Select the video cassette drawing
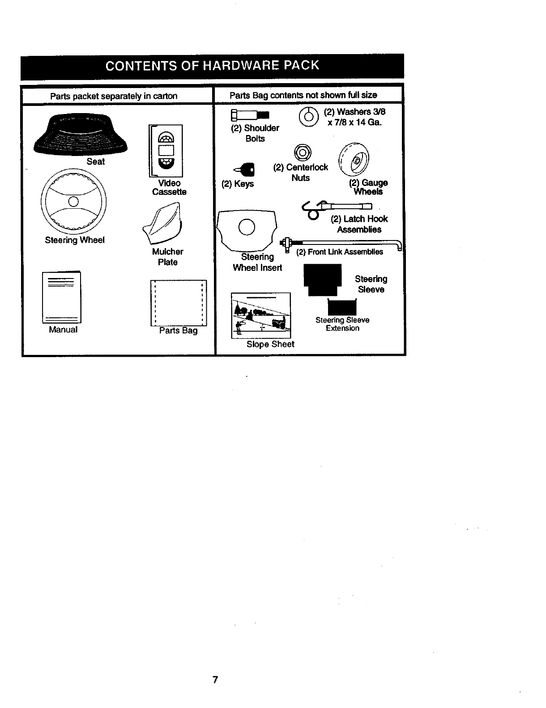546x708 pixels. (166, 151)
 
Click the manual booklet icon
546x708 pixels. (62, 297)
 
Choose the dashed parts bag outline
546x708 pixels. (178, 303)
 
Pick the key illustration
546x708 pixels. (245, 169)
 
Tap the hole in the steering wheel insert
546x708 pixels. (247, 228)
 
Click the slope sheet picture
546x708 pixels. (261, 316)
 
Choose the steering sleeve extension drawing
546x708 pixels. (342, 307)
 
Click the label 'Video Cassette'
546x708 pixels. (169, 187)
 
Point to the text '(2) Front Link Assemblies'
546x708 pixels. (340, 252)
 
